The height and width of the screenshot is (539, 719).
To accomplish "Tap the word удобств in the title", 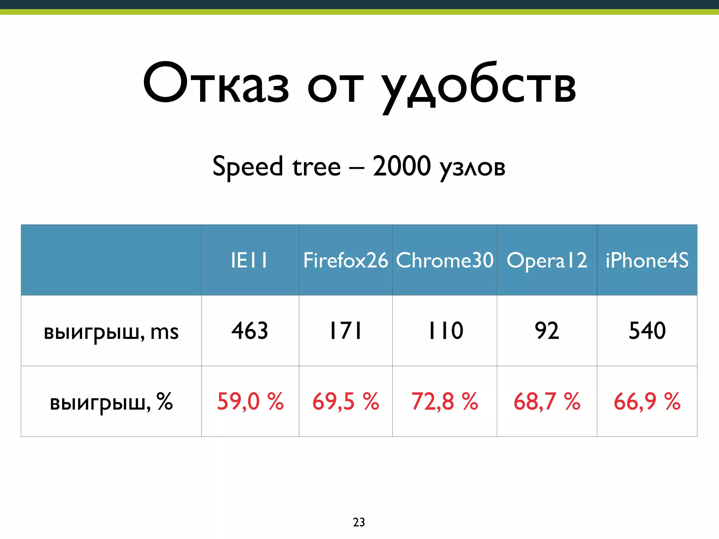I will [x=479, y=86].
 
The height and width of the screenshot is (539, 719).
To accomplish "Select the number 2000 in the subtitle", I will [x=401, y=166].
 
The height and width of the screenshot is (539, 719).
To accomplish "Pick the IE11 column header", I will [x=250, y=260].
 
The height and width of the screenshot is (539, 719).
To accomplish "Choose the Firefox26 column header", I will [x=345, y=260].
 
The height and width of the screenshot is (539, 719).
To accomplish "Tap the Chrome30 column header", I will [x=444, y=260].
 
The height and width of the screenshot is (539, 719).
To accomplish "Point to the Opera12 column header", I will [x=547, y=260].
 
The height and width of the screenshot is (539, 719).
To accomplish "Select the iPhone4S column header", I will [x=647, y=260].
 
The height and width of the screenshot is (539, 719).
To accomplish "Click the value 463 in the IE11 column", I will [x=250, y=331].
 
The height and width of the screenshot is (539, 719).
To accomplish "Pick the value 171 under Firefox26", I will [x=345, y=331].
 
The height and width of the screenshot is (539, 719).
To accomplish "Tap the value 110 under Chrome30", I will [x=445, y=331].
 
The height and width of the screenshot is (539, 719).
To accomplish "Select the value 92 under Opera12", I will [x=547, y=331].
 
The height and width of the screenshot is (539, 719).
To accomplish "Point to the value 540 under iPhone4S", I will [x=647, y=331].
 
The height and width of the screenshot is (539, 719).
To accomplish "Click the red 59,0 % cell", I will [x=250, y=401].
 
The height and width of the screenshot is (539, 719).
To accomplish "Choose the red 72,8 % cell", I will [x=444, y=401].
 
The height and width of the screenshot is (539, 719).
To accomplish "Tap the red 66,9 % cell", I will [x=647, y=401].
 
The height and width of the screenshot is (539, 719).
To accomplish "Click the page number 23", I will [x=359, y=522].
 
